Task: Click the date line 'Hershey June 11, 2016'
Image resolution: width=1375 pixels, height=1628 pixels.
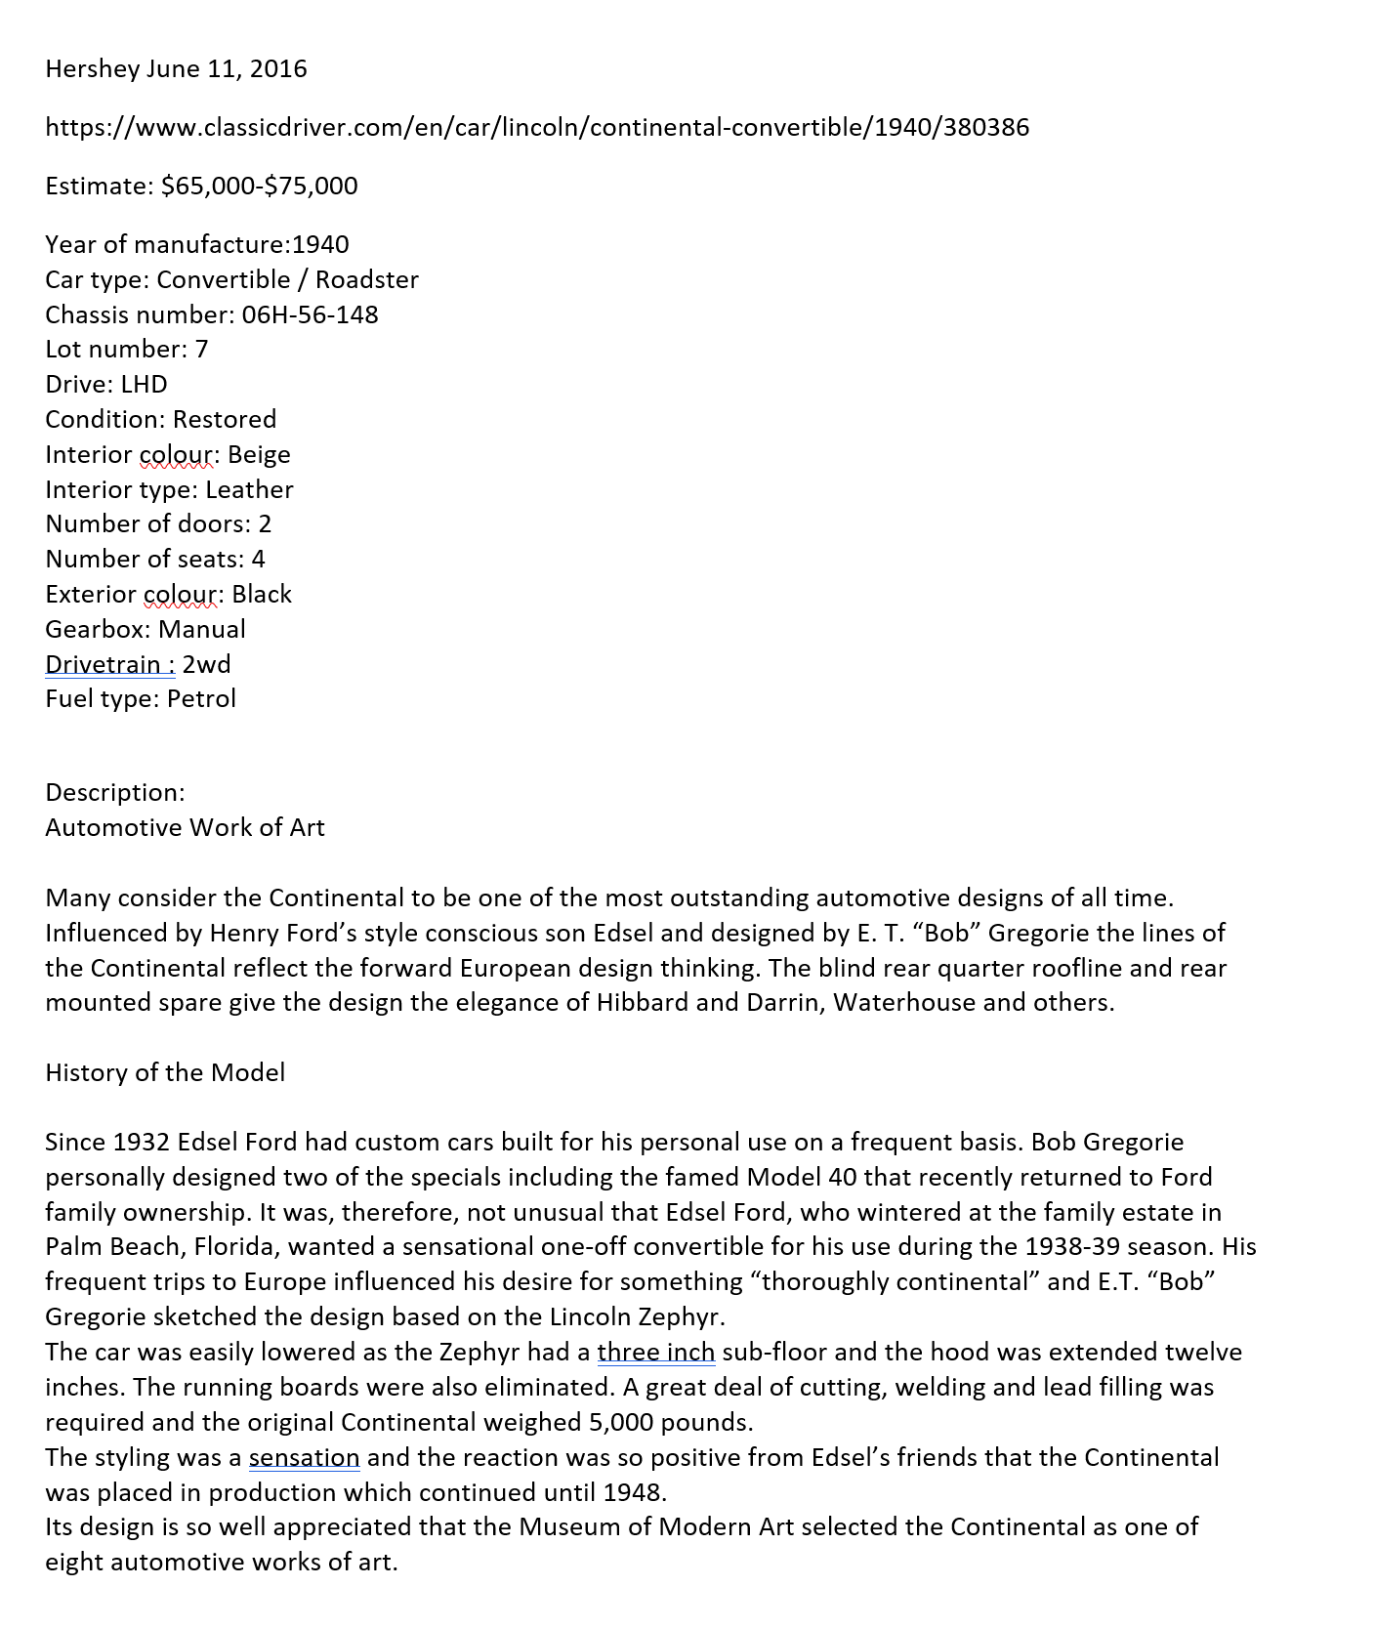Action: pos(176,69)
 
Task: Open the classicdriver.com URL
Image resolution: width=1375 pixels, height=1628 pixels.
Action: pos(537,128)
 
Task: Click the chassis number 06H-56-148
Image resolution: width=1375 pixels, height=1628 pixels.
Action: pos(310,314)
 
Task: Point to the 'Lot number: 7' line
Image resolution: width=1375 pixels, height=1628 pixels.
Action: pos(126,350)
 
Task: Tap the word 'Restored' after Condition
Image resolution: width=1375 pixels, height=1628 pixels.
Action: pos(225,420)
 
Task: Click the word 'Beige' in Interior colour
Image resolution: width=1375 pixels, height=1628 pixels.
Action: pos(259,455)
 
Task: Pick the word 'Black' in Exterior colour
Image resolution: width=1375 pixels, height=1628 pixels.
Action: pos(262,595)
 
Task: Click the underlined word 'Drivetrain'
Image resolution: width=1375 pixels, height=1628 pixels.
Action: pos(103,665)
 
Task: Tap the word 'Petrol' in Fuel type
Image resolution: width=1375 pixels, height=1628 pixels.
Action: pos(201,699)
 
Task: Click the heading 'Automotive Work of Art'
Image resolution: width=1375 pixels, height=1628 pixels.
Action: pos(185,828)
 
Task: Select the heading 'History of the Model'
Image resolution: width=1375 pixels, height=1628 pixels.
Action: pos(165,1073)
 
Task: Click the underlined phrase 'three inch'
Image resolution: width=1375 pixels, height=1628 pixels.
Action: pos(656,1353)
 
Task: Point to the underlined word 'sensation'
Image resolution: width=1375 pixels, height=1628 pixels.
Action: pos(304,1458)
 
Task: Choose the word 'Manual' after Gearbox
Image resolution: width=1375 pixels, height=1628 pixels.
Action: pos(202,630)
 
